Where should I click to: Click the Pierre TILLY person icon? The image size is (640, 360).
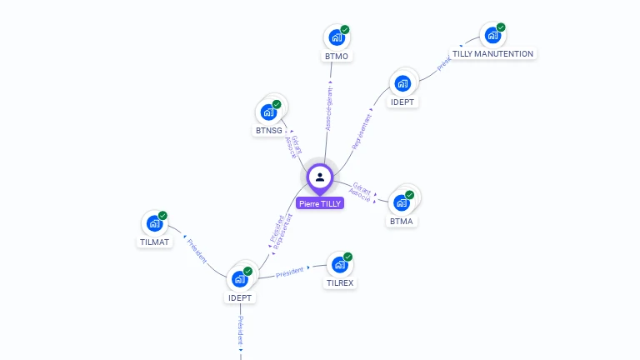(x=320, y=177)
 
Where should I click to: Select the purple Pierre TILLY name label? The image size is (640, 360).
(x=320, y=203)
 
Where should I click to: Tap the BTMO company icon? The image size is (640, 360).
(x=336, y=37)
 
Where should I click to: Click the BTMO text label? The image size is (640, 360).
(x=336, y=57)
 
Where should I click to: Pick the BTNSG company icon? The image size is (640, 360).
(x=268, y=112)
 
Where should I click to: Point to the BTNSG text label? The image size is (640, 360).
(x=268, y=131)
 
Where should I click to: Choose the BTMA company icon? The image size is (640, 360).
(x=402, y=202)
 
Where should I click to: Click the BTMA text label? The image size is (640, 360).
(x=402, y=222)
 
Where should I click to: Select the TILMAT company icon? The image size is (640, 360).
(x=154, y=223)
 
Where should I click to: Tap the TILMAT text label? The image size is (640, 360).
(x=154, y=242)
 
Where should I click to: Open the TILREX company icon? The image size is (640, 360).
(x=339, y=264)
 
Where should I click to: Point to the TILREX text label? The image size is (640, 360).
(x=339, y=283)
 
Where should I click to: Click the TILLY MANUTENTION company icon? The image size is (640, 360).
(x=492, y=36)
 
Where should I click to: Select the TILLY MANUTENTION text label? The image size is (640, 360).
(x=492, y=54)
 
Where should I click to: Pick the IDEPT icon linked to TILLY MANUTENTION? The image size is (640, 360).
(x=402, y=83)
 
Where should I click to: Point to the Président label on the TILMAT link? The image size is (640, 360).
(x=197, y=252)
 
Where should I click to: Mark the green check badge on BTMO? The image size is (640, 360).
(x=345, y=30)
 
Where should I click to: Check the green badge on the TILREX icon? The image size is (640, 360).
(x=348, y=257)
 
